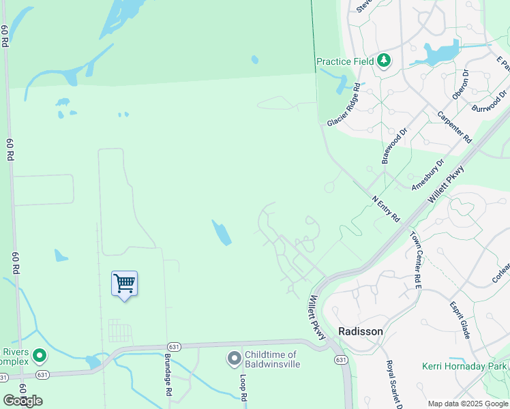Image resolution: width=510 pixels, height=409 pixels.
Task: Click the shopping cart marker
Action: pyautogui.click(x=125, y=283)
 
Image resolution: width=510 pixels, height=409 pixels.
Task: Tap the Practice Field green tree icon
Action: pyautogui.click(x=384, y=61)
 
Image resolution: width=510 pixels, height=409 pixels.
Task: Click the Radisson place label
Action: pyautogui.click(x=361, y=331)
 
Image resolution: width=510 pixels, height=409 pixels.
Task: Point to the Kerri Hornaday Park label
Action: pyautogui.click(x=464, y=366)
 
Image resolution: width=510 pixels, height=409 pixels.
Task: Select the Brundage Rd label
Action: pyautogui.click(x=168, y=376)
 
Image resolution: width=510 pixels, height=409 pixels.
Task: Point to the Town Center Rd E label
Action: pyautogui.click(x=415, y=260)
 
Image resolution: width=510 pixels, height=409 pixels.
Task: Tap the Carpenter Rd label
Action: pyautogui.click(x=454, y=126)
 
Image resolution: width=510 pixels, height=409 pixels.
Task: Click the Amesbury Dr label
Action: pyautogui.click(x=428, y=175)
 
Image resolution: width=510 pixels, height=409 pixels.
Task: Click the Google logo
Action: pyautogui.click(x=22, y=401)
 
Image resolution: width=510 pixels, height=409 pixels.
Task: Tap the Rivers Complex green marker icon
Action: pyautogui.click(x=40, y=355)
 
